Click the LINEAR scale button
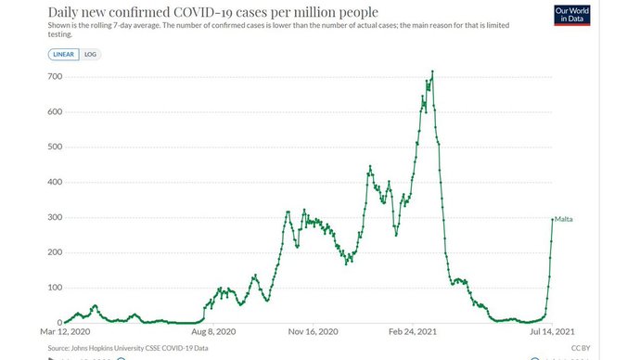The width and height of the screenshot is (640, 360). point(64,55)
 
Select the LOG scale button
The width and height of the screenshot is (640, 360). point(90,55)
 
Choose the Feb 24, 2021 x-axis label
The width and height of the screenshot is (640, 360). point(413,330)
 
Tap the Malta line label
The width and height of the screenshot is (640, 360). point(565,218)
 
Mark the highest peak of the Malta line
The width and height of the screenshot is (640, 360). point(433,71)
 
